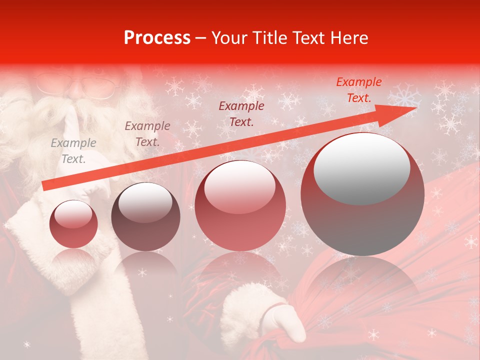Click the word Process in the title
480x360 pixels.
[157, 38]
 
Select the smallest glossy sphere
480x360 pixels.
[73, 224]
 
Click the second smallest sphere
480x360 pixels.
[145, 216]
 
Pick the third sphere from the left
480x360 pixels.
[240, 205]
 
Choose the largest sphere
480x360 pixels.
[362, 194]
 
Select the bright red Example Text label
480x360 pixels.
[358, 90]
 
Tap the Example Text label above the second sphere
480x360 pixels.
[147, 134]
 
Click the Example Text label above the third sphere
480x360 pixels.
[241, 113]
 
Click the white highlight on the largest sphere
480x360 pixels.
[361, 168]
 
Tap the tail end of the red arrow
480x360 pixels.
[46, 185]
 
